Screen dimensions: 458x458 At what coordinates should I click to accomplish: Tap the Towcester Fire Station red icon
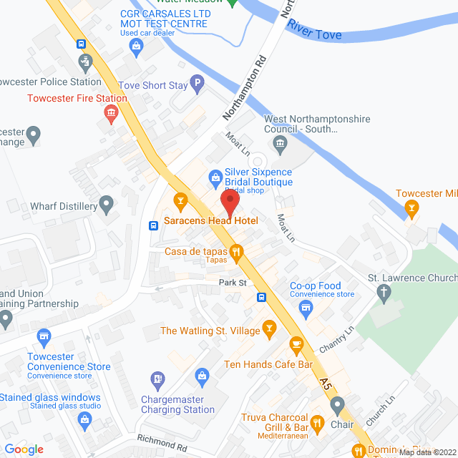[110, 112]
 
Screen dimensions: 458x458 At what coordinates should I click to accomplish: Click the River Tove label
[314, 30]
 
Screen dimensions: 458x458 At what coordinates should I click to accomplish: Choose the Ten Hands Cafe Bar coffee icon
[296, 345]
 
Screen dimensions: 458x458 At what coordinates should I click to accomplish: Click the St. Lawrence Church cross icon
[384, 292]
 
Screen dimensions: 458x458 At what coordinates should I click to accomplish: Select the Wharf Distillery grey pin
[107, 206]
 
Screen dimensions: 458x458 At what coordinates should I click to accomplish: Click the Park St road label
[233, 283]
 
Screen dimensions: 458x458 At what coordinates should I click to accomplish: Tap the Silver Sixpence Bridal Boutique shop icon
[215, 176]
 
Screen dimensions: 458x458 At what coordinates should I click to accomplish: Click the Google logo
[24, 449]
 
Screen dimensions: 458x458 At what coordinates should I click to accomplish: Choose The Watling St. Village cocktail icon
[269, 329]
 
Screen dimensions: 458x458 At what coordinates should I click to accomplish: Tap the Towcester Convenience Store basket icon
[44, 336]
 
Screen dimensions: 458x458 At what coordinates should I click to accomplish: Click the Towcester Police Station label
[50, 82]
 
